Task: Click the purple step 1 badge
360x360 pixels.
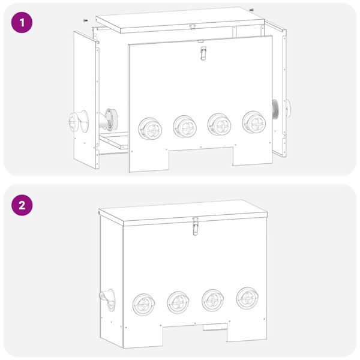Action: (22, 23)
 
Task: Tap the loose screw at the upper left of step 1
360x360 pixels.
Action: (85, 20)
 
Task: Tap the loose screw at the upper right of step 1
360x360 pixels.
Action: (251, 10)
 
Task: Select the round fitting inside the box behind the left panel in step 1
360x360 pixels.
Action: (111, 119)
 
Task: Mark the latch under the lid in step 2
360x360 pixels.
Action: (194, 227)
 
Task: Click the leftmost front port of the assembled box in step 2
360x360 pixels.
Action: (144, 305)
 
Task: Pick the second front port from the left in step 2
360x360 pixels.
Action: (179, 302)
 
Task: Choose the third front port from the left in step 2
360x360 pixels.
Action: (213, 300)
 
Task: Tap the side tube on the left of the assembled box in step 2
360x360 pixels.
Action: (106, 298)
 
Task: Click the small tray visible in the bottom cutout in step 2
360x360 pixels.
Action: (214, 328)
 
